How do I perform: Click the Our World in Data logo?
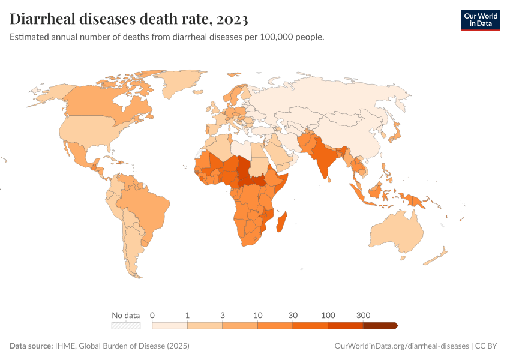[480, 19]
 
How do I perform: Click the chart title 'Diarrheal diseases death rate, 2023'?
[129, 19]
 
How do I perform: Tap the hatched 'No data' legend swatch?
[126, 325]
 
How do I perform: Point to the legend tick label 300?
[363, 315]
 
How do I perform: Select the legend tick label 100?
[328, 315]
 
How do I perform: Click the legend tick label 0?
[152, 315]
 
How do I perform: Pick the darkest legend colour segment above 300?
[380, 325]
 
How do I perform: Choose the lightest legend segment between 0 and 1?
[170, 325]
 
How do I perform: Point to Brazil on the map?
[144, 204]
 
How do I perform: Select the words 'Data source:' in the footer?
[31, 346]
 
